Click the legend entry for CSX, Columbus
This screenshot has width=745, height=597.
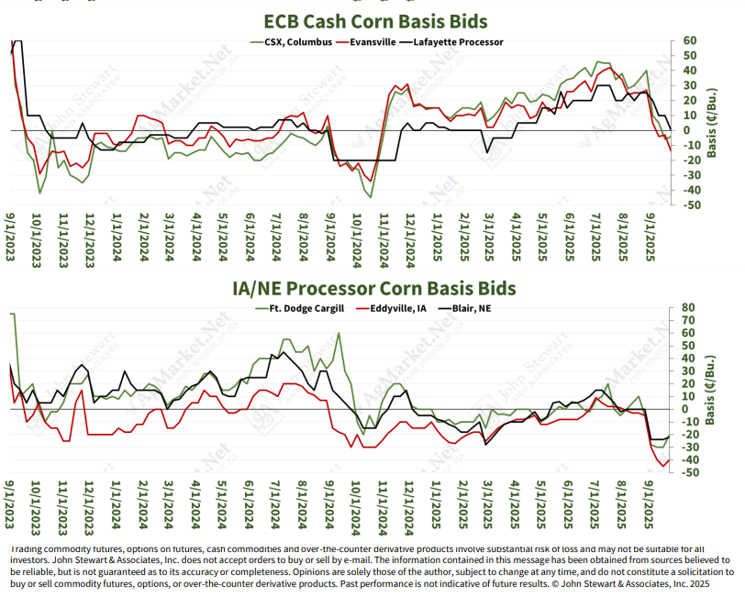(x=293, y=41)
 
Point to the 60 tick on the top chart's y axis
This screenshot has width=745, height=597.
(x=689, y=41)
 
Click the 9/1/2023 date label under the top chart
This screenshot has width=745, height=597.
(x=12, y=239)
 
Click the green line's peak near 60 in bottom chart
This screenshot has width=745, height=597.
(x=339, y=334)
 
